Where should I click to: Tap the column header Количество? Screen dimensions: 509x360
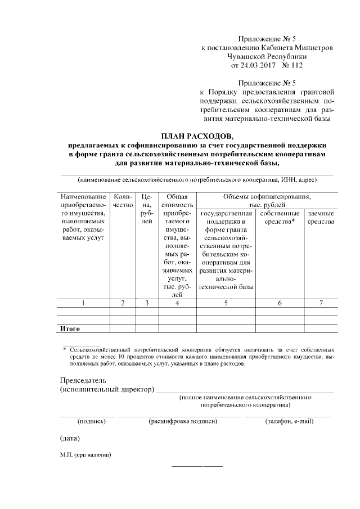tap(123, 201)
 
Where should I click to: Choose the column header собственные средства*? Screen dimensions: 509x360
tap(280, 218)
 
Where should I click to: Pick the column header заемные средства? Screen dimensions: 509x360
tap(321, 218)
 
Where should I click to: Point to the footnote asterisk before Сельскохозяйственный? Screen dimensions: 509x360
tap(65, 350)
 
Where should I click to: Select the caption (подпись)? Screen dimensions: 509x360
tap(87, 421)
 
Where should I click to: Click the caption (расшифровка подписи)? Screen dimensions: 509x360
tap(182, 421)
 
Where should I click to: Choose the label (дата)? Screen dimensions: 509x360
tap(70, 438)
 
